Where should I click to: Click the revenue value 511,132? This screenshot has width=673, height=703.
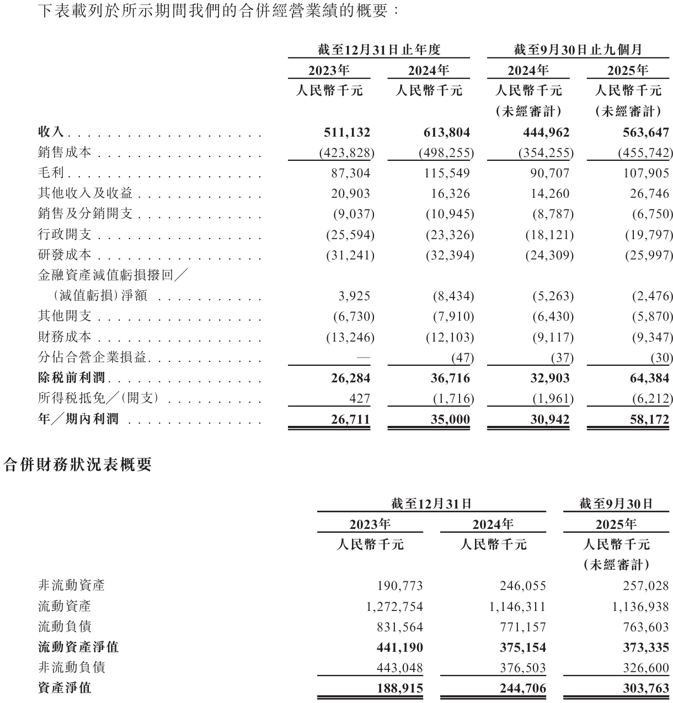(x=347, y=132)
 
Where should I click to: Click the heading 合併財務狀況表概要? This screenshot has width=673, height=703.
(x=77, y=465)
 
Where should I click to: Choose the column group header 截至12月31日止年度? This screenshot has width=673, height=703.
(x=379, y=50)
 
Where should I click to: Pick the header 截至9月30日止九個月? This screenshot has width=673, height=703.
(x=578, y=50)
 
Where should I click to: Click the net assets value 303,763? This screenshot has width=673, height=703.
(x=645, y=688)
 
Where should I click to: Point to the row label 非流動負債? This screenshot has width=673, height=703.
(x=71, y=668)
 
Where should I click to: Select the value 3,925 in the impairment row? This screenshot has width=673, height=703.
(x=355, y=296)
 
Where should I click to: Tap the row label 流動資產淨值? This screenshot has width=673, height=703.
(x=78, y=647)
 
